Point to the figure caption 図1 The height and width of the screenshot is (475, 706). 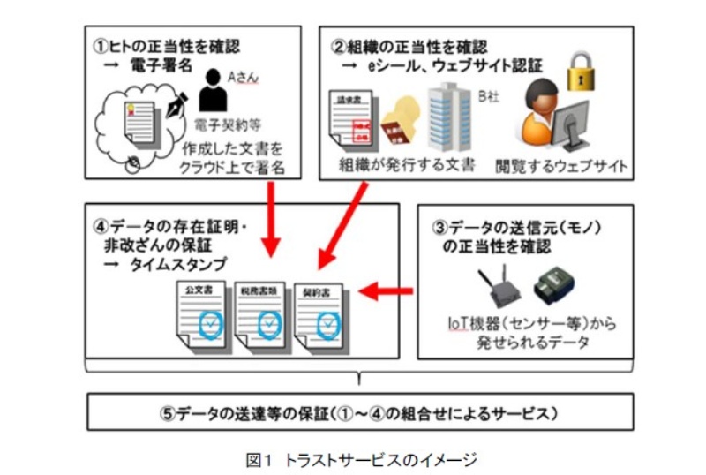point(262,458)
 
